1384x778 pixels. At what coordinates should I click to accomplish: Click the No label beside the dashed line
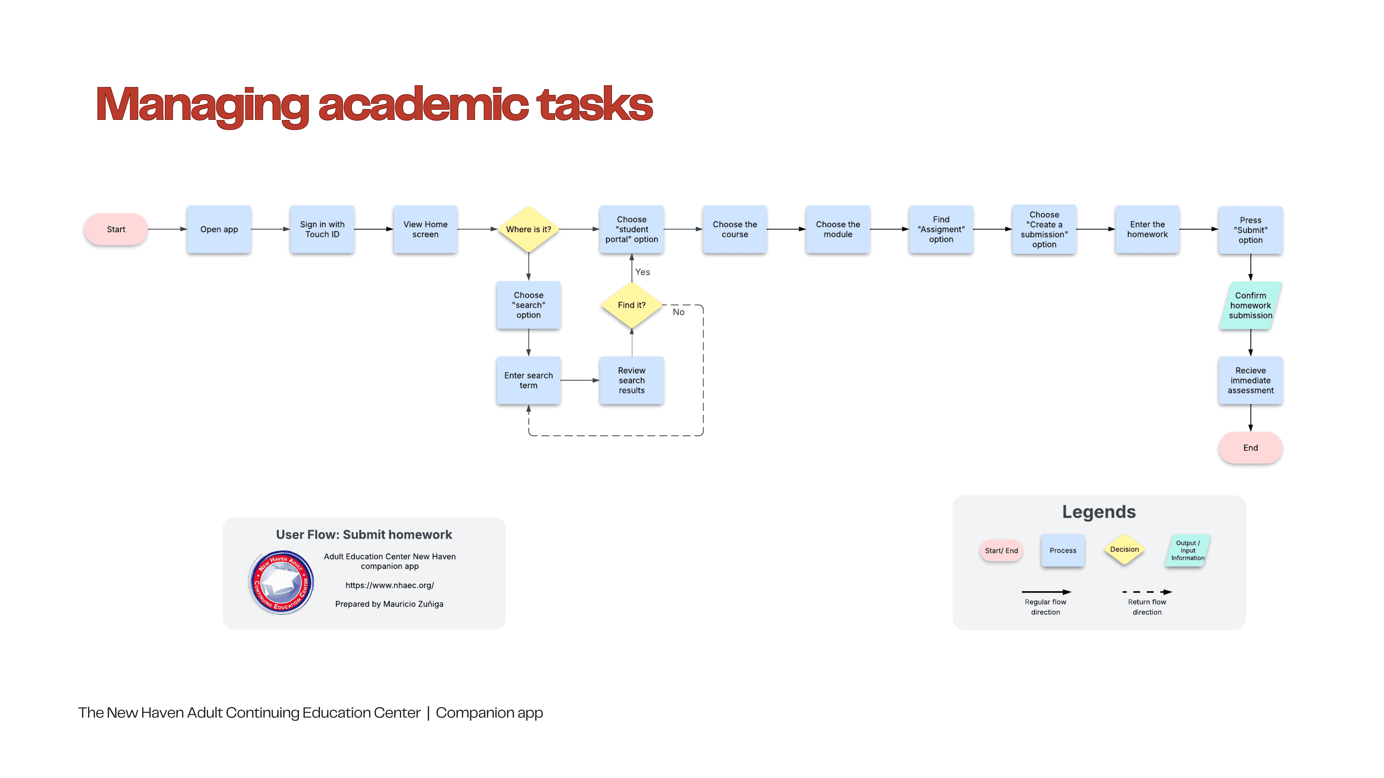(x=679, y=312)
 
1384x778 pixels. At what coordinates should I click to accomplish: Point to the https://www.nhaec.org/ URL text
(x=390, y=585)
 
